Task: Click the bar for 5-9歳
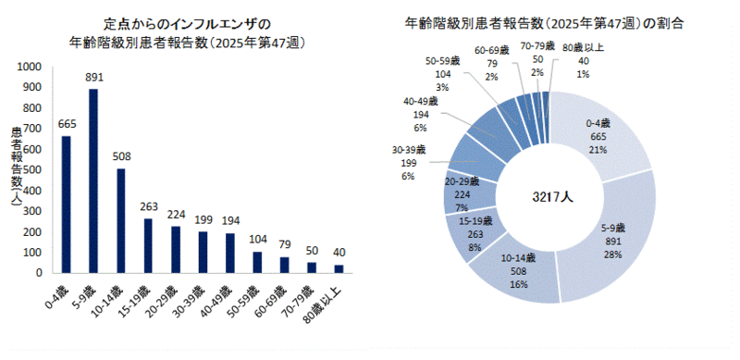click(93, 180)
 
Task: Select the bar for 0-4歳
click(66, 205)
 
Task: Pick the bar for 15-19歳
click(148, 245)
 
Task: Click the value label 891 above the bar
click(93, 78)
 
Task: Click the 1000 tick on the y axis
click(28, 67)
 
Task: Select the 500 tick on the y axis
click(31, 169)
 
